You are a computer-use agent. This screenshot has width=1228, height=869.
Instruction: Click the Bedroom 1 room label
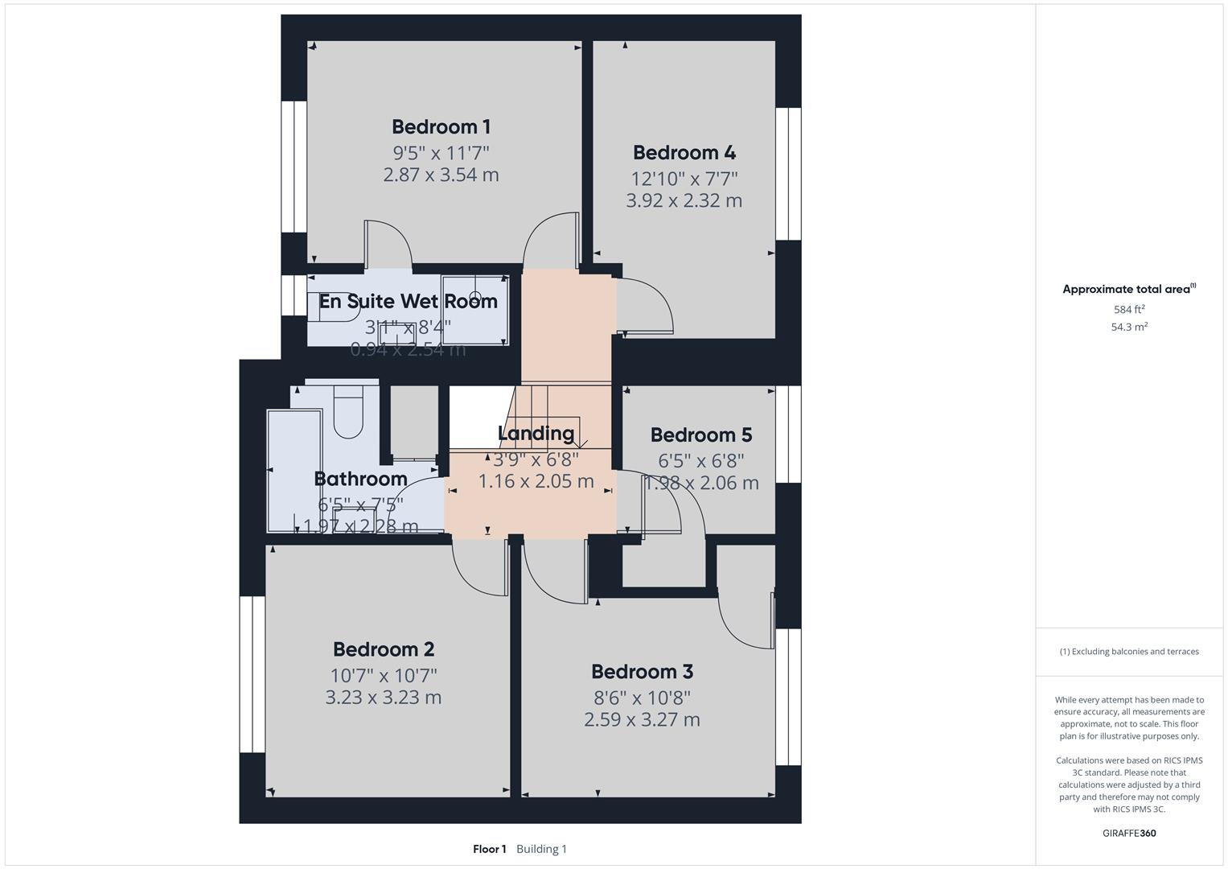click(441, 127)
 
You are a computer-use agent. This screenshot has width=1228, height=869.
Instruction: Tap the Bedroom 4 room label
click(684, 153)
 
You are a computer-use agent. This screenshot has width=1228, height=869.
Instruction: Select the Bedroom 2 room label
click(384, 649)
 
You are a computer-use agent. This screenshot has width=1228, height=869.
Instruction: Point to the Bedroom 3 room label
click(642, 672)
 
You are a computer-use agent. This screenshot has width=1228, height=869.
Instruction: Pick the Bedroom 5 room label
click(700, 435)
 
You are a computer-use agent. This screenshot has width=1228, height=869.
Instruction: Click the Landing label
click(536, 434)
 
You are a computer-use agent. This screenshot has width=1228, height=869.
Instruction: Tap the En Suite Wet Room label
click(408, 302)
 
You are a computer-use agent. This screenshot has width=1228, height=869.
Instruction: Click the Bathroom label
click(360, 480)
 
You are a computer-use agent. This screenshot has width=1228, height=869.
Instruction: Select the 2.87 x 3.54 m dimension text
click(441, 175)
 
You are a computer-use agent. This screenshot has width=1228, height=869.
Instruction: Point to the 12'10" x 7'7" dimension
click(684, 178)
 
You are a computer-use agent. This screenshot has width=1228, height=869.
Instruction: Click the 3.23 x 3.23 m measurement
click(384, 698)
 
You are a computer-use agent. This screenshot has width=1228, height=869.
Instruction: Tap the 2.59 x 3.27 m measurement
click(642, 719)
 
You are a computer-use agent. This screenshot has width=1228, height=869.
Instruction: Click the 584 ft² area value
click(1129, 310)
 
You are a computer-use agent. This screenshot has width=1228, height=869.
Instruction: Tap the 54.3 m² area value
click(1129, 327)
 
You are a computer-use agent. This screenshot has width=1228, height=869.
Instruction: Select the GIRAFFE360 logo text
click(1129, 834)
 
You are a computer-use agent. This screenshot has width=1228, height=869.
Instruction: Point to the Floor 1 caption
click(489, 849)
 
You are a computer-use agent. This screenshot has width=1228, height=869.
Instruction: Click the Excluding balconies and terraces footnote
click(1129, 652)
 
